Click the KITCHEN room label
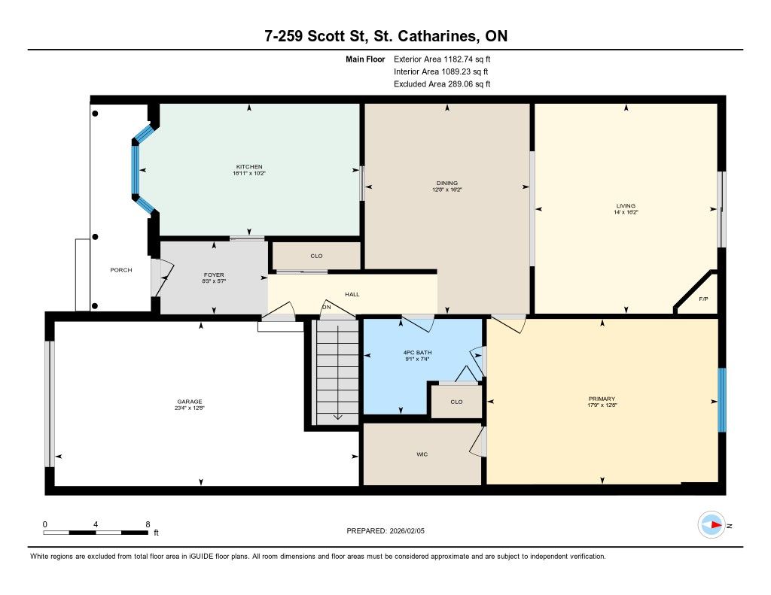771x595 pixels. [x=248, y=166]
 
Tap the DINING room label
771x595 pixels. [x=447, y=183]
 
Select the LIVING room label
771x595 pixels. [x=626, y=205]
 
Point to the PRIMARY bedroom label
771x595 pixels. [x=602, y=399]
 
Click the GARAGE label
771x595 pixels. [x=190, y=402]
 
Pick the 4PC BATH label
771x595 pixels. [x=417, y=352]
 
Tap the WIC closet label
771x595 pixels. [x=422, y=454]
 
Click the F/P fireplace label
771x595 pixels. [x=704, y=299]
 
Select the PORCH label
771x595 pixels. [x=121, y=270]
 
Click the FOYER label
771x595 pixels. [x=214, y=275]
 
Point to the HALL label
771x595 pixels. [x=352, y=294]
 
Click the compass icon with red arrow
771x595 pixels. [x=712, y=525]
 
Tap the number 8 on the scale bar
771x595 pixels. [x=148, y=524]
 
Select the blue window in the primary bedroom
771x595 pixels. [x=722, y=400]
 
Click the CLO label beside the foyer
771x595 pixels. [x=317, y=256]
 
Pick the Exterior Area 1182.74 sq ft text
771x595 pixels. [x=442, y=59]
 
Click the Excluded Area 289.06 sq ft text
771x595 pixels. [x=442, y=84]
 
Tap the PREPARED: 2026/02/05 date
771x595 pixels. [x=385, y=530]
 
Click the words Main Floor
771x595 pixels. [x=365, y=59]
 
